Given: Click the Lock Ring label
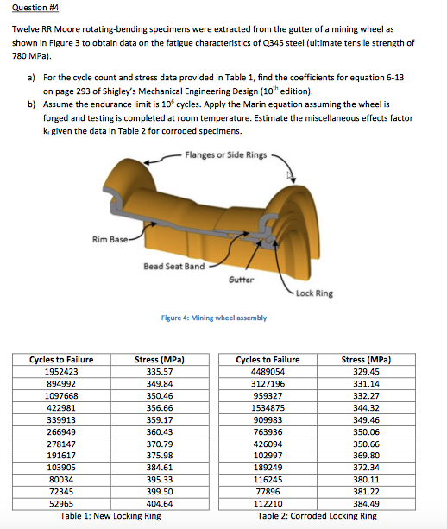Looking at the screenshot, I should click(313, 293).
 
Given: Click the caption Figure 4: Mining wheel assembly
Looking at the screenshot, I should click(214, 318).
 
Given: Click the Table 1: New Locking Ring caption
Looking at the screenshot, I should click(110, 515).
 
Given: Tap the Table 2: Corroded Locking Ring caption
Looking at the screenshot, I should click(317, 515).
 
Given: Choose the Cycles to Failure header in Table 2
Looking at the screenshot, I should click(268, 360).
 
